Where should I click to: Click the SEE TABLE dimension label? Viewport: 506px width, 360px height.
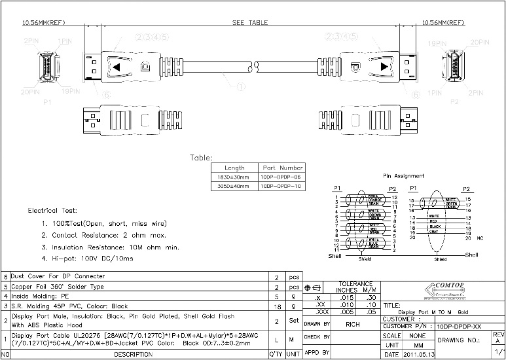click(x=251, y=22)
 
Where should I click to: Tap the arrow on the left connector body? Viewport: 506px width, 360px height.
click(x=116, y=67)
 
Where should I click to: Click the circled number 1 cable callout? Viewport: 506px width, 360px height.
click(x=240, y=85)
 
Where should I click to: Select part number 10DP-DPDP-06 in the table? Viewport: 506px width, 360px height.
click(x=282, y=177)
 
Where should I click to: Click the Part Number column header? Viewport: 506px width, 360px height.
click(x=282, y=168)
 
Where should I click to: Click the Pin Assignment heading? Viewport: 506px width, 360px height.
click(x=403, y=175)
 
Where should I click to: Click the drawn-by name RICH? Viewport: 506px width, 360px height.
click(x=353, y=323)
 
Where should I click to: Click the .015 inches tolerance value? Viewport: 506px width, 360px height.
click(x=348, y=297)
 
